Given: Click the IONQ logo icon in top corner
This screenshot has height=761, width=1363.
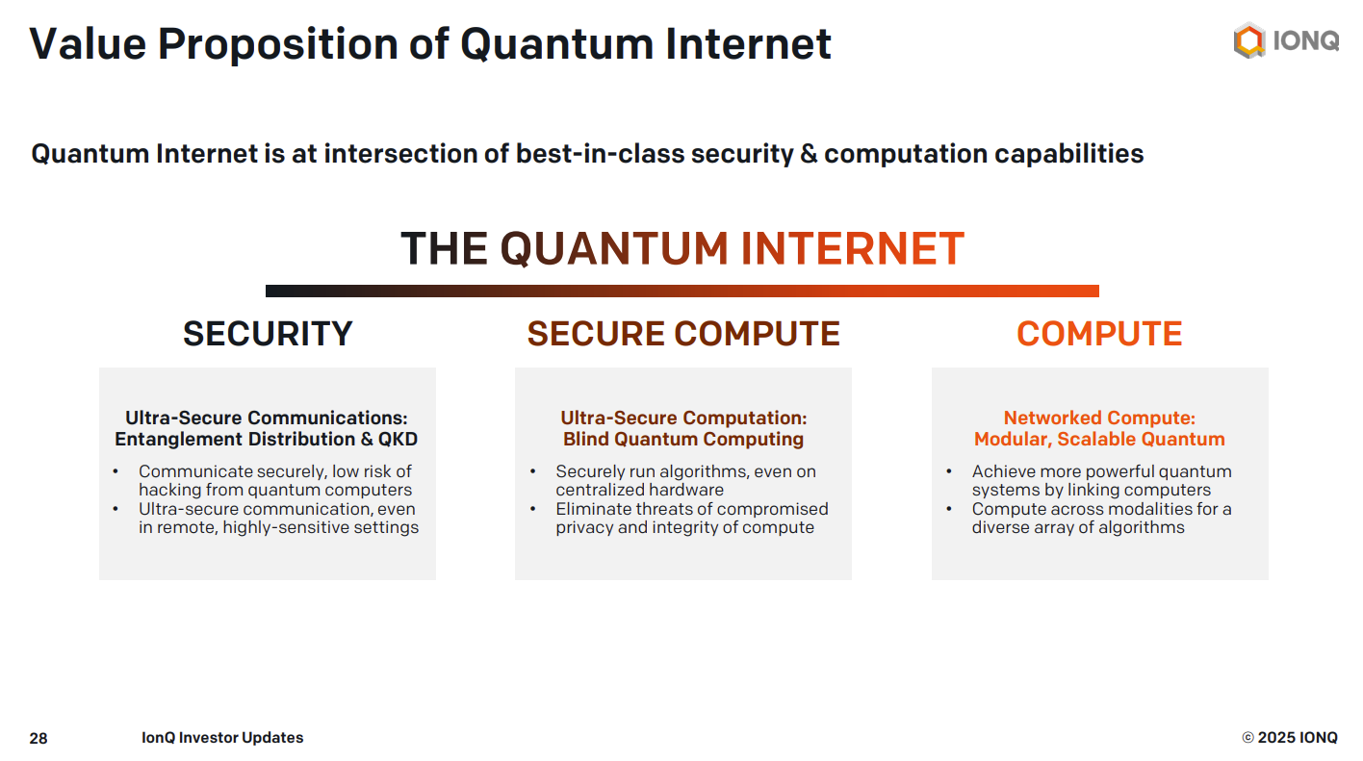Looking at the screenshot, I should [1248, 41].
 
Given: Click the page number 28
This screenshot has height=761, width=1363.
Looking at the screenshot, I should [39, 739].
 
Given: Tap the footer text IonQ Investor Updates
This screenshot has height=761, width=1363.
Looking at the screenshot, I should [222, 738].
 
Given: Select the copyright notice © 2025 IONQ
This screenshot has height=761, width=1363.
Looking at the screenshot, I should [1289, 738].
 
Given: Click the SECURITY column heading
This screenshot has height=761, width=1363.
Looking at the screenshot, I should [268, 334].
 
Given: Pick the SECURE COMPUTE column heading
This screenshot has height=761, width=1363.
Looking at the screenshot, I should [683, 334].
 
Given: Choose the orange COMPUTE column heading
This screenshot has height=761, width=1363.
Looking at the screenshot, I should [1099, 334].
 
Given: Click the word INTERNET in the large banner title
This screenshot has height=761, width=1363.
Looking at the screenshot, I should [852, 249].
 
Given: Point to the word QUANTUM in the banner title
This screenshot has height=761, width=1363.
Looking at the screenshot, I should [614, 249].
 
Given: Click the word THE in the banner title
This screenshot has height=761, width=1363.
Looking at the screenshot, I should [444, 249].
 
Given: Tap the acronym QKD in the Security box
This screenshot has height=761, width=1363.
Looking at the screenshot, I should [397, 440].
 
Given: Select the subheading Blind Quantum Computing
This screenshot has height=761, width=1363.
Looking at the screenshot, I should [683, 440].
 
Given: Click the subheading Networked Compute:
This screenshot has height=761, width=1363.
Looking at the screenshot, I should [1099, 419].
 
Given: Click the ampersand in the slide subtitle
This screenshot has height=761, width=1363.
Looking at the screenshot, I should [810, 154].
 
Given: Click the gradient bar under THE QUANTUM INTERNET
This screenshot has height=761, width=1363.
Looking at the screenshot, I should [681, 291].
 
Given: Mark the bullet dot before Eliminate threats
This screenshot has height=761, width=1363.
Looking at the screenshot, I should [533, 509].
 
